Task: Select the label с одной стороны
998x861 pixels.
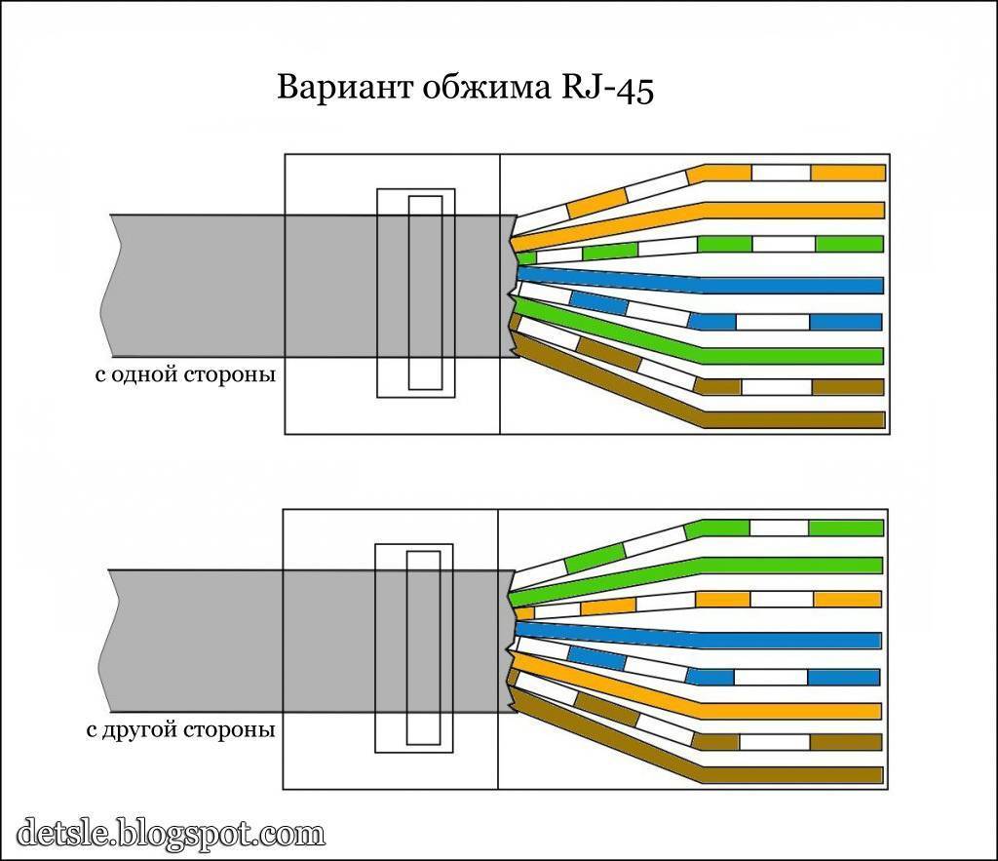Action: (184, 374)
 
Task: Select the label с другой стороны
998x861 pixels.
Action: (184, 729)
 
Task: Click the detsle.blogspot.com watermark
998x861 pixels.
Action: (171, 835)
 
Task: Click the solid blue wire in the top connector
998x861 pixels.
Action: (789, 286)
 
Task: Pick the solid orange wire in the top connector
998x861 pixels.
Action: (789, 210)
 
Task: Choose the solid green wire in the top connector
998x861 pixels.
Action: (789, 355)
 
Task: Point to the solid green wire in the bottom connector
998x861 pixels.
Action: (789, 565)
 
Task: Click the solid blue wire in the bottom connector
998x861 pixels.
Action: (789, 641)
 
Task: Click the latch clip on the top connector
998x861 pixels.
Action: (416, 293)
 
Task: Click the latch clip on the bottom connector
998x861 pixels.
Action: (414, 647)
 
